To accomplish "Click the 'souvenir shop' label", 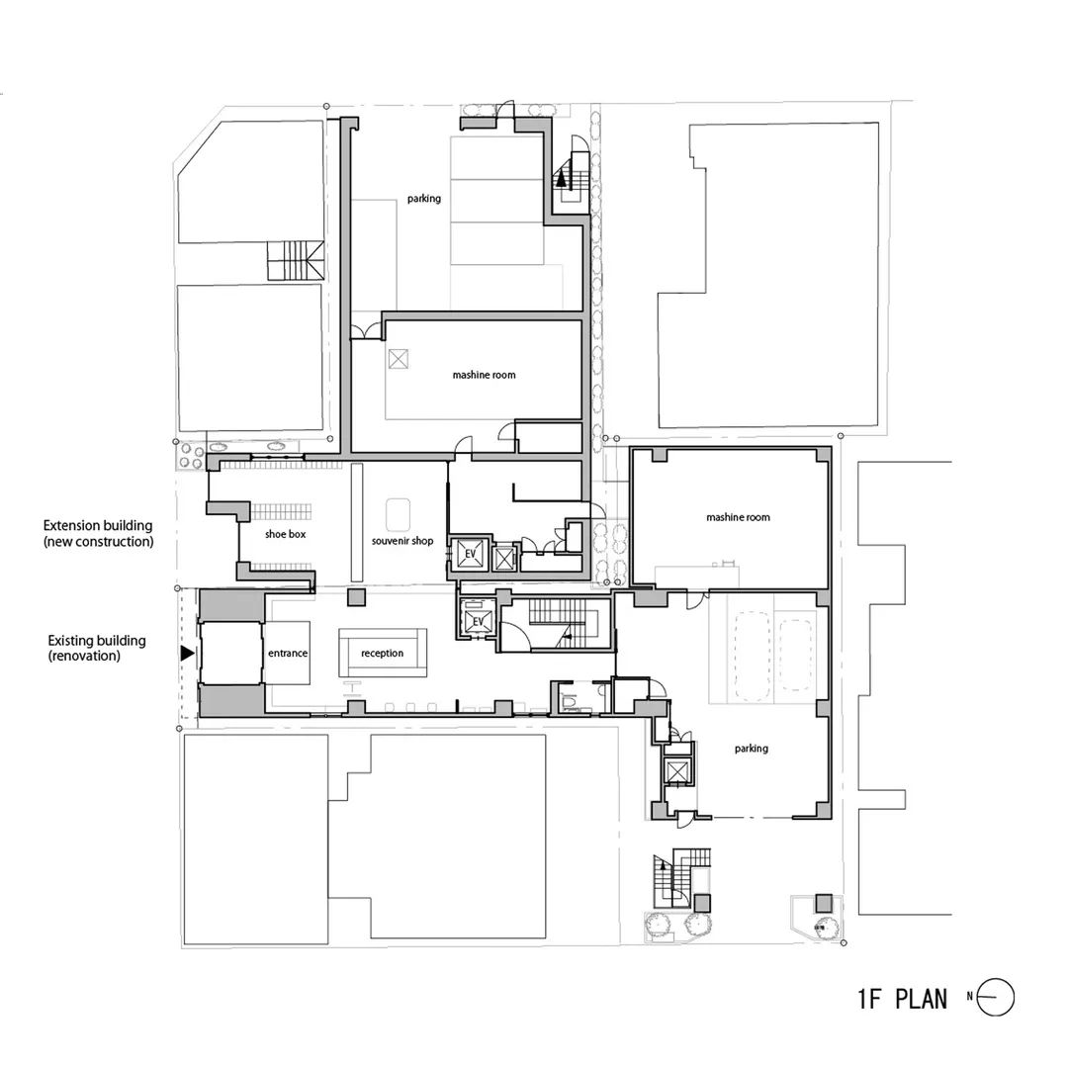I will point(401,541).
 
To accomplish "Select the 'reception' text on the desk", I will point(382,654).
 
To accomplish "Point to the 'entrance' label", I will point(288,654).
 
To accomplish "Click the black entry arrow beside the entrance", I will point(187,653).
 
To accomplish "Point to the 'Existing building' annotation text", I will point(97,641).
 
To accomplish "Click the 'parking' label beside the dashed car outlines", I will point(751,749).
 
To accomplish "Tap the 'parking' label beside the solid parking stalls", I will point(423,199).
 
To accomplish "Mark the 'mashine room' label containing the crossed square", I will point(484,375).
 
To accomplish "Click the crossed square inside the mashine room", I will point(399,360).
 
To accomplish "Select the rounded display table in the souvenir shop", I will point(399,513).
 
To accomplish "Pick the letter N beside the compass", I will point(971,998).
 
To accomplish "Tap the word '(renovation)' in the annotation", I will point(84,656).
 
